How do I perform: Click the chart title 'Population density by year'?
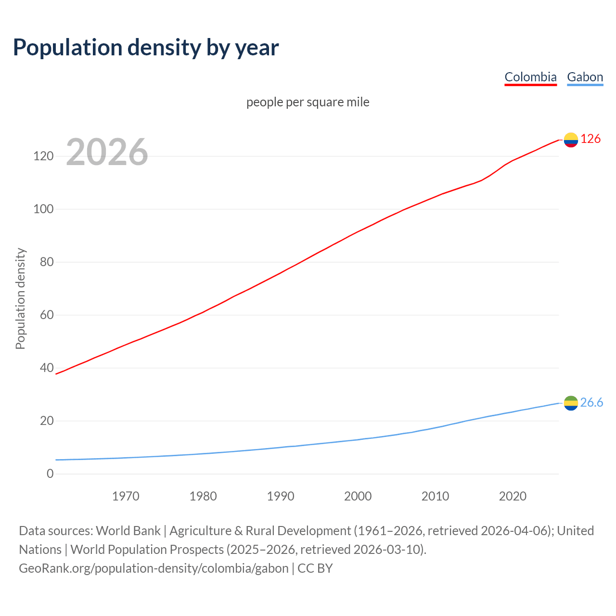146,47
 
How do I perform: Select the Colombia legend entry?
530,77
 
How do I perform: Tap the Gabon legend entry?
585,77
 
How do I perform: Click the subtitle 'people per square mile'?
308,102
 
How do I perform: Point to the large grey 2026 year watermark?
107,152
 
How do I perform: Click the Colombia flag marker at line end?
571,140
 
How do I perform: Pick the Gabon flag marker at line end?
571,403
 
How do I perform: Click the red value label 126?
590,139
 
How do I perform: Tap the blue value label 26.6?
591,402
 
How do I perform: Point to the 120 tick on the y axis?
43,156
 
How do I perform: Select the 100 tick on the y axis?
43,209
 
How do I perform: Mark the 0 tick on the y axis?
50,474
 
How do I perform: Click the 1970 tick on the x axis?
126,496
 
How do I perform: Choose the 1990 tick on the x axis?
281,496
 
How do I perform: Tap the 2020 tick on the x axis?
513,496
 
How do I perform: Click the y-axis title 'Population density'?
20,298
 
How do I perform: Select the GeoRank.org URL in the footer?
154,568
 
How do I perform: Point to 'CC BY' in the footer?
315,568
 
